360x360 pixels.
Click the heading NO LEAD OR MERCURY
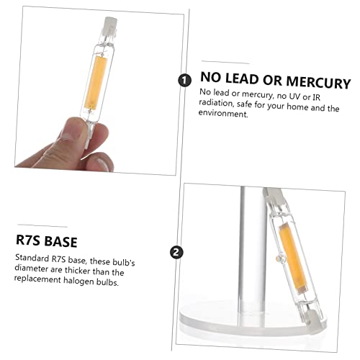[276, 82]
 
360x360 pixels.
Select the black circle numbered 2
[175, 252]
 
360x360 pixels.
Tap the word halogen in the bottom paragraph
[89, 283]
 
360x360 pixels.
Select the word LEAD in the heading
[246, 82]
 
